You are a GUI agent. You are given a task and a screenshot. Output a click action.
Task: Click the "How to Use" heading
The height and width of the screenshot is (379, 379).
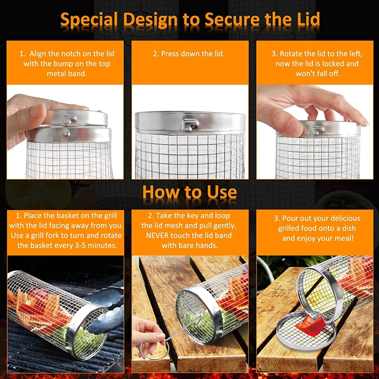[190, 192]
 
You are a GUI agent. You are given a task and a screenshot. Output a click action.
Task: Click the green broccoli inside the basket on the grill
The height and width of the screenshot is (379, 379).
[89, 338]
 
